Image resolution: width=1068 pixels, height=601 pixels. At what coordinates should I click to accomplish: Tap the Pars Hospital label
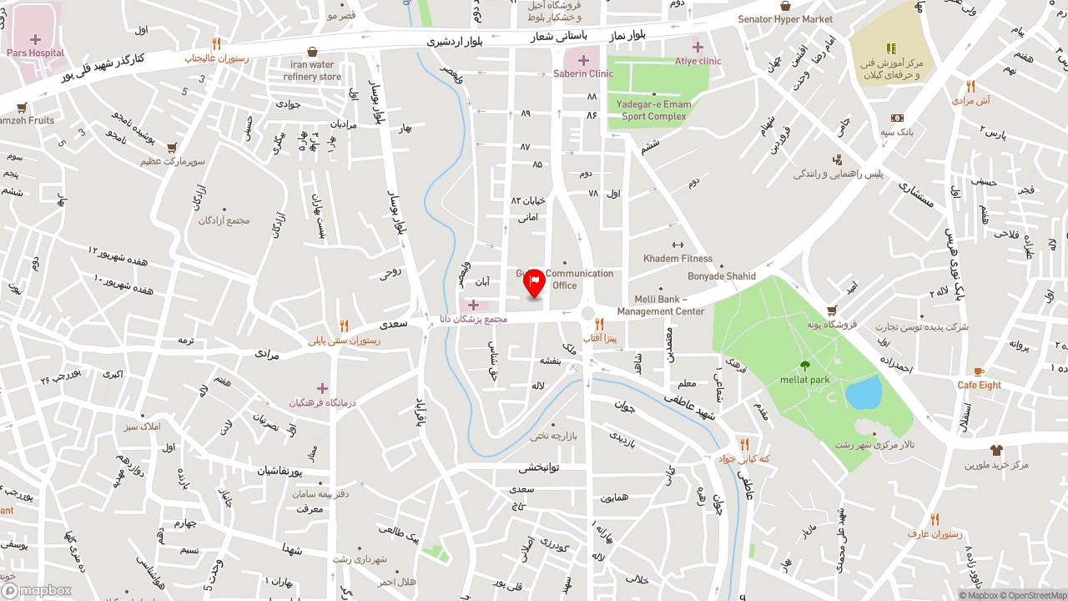click(x=35, y=53)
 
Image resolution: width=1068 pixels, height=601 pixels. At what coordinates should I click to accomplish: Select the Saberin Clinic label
click(x=583, y=73)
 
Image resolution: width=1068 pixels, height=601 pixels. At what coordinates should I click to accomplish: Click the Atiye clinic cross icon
click(x=698, y=47)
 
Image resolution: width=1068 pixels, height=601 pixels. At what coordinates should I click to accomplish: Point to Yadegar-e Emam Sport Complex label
click(x=654, y=110)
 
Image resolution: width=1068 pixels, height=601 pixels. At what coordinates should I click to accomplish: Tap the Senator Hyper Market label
click(x=785, y=19)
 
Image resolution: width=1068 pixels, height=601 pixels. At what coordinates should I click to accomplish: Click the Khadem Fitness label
click(x=678, y=259)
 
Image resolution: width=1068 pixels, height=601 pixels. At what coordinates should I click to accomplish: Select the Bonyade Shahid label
click(x=722, y=276)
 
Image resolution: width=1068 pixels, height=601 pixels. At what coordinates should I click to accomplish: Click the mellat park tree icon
click(x=804, y=366)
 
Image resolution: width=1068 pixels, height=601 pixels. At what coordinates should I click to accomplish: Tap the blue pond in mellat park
click(x=863, y=391)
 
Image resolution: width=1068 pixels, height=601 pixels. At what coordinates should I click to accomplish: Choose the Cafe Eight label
click(x=979, y=386)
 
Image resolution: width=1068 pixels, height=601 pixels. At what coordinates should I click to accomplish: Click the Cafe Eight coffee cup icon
click(x=979, y=371)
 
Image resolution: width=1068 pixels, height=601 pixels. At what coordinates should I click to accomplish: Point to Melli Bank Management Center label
click(x=661, y=306)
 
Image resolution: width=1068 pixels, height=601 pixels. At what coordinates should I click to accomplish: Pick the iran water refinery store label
click(x=312, y=71)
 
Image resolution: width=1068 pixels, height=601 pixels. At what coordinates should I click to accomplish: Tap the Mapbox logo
click(x=37, y=591)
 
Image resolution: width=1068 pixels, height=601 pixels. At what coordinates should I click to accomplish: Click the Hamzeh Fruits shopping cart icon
click(x=22, y=107)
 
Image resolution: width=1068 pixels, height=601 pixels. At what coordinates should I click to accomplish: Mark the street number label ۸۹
click(x=526, y=113)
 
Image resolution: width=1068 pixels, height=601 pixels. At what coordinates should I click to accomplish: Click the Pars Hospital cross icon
click(x=35, y=39)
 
